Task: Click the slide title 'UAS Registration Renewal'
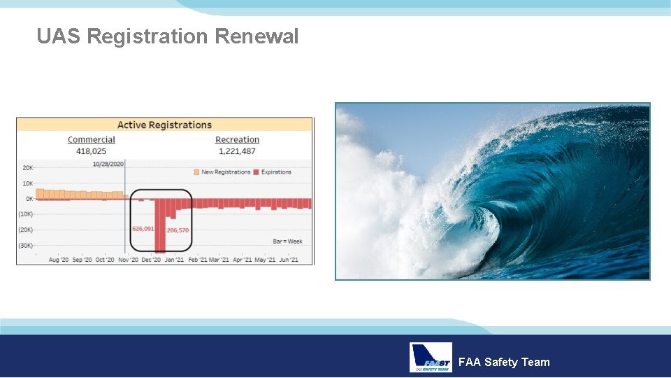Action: [x=168, y=36]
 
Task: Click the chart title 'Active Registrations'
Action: [x=164, y=125]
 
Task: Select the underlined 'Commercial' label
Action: [x=92, y=140]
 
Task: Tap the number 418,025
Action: [x=92, y=150]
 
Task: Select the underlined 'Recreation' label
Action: [x=237, y=140]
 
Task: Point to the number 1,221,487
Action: [x=237, y=150]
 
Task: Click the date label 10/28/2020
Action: [x=108, y=164]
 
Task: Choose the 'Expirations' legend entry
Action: [x=273, y=172]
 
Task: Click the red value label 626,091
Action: [x=143, y=229]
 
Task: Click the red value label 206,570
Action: [x=178, y=230]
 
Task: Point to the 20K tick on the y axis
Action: [x=27, y=168]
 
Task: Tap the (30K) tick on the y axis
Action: [x=25, y=245]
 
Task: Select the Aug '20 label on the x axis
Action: [x=58, y=260]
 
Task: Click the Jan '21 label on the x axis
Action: [x=174, y=260]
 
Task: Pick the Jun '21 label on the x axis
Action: [x=289, y=260]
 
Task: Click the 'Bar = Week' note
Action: [x=287, y=241]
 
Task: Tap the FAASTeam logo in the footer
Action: [x=431, y=358]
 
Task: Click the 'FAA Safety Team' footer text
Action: [x=504, y=362]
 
